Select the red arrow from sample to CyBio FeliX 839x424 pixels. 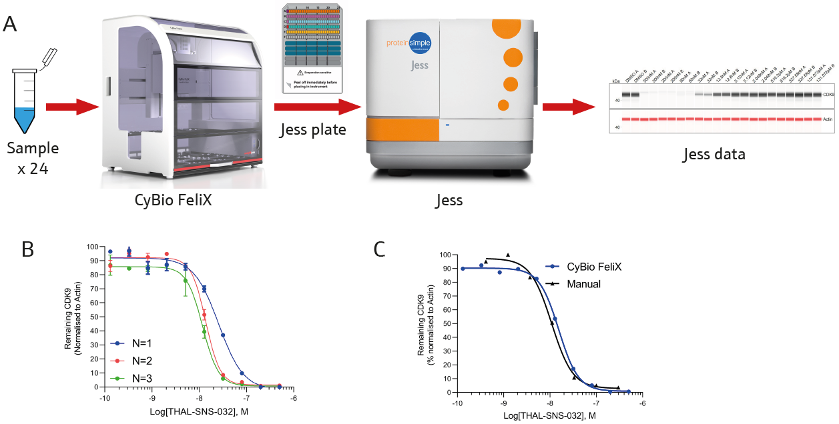[71, 106]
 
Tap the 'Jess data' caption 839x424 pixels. [714, 155]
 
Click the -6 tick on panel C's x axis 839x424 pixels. [642, 403]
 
